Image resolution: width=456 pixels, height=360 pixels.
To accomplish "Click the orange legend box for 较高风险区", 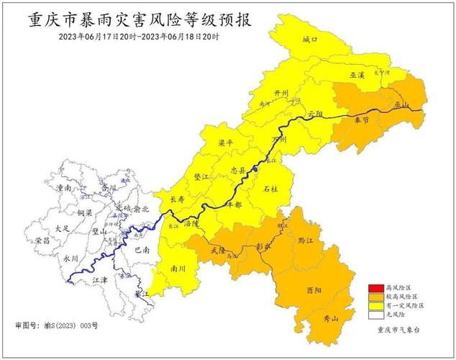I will click(376, 297).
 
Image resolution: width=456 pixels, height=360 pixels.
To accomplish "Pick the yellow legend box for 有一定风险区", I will click(376, 306).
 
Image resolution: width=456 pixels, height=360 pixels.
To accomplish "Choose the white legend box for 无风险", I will click(376, 315).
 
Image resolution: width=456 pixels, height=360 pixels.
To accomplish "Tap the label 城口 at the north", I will click(309, 40).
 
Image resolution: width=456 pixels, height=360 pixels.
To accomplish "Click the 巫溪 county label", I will click(358, 74).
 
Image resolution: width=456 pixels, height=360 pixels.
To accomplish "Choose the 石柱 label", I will click(270, 189).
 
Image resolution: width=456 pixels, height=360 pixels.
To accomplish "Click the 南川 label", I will click(178, 269).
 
